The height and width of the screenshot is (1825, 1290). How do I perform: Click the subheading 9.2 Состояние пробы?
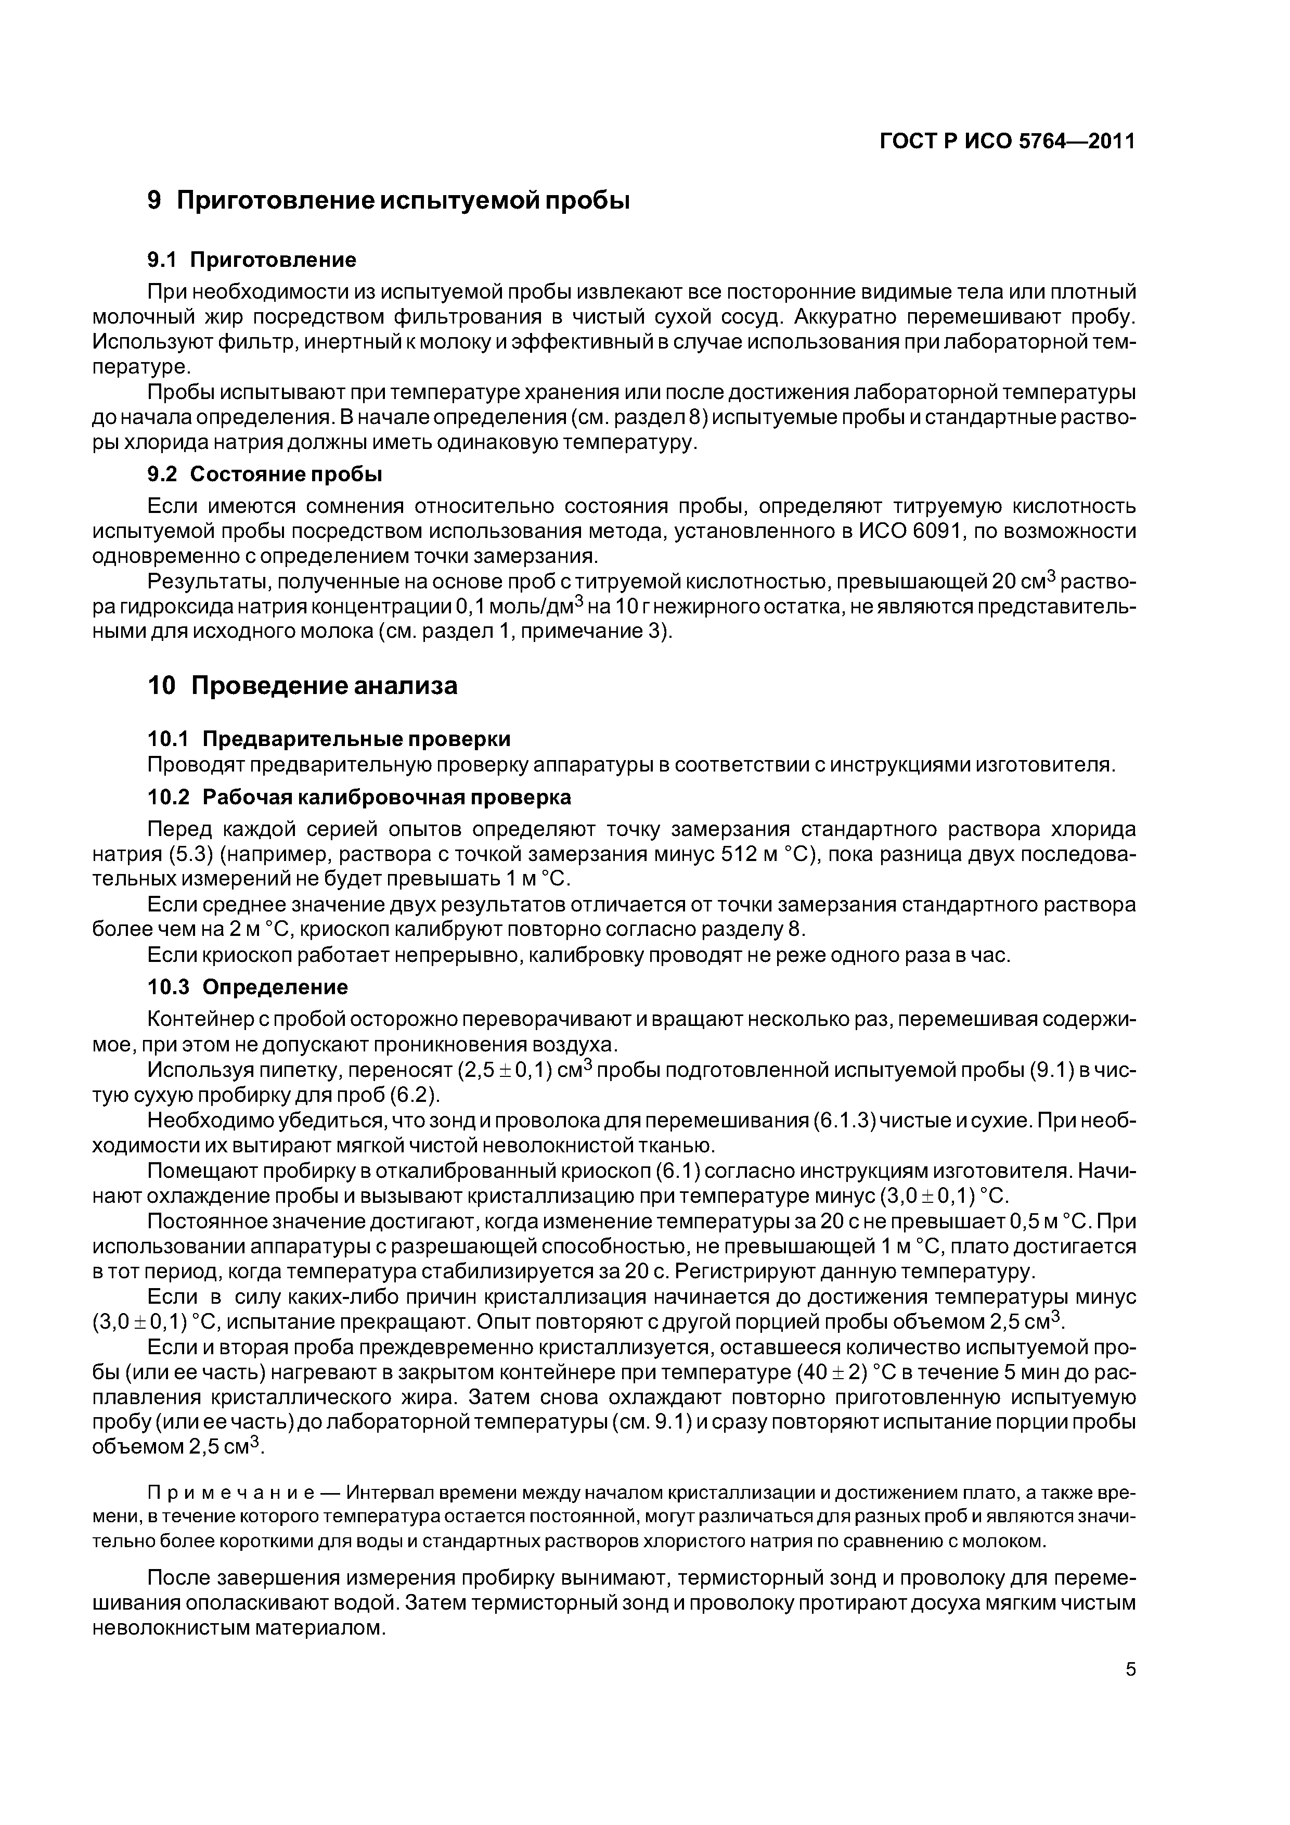[x=265, y=474]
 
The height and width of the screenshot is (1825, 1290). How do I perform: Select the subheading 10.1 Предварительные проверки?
[x=329, y=739]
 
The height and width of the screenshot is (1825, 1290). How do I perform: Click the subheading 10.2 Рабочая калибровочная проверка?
[x=359, y=796]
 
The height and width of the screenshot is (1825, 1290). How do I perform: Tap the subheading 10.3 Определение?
[x=248, y=987]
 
